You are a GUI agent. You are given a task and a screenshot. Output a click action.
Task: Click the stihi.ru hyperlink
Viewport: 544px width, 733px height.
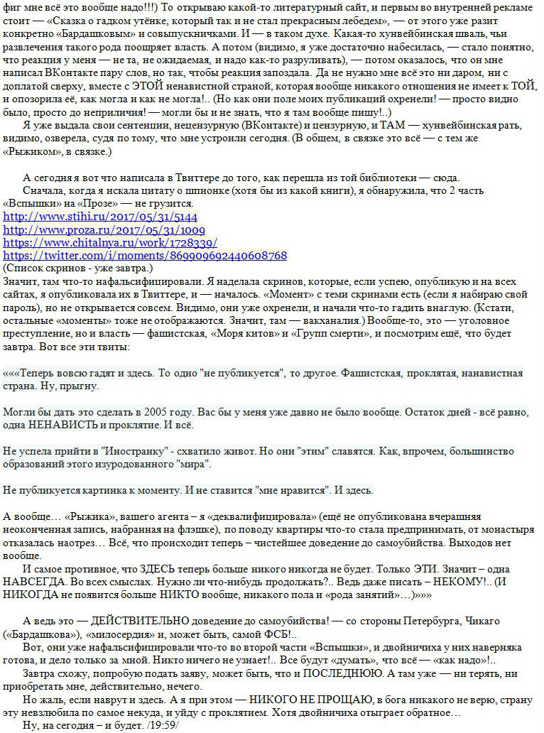(100, 217)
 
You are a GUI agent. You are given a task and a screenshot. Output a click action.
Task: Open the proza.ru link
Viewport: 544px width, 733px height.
(104, 230)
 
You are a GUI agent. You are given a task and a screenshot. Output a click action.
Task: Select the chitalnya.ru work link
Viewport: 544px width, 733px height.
(110, 243)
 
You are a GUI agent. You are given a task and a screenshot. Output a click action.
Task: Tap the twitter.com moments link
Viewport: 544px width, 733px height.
(145, 256)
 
